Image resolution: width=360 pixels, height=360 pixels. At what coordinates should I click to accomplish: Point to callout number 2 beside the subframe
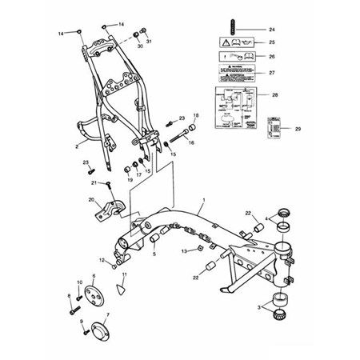click(76, 146)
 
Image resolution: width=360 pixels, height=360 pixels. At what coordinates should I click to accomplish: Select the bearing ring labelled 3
click(282, 302)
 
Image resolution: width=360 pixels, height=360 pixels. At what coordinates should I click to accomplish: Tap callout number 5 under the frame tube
click(154, 254)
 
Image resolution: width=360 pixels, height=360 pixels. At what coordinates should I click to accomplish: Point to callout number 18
click(196, 117)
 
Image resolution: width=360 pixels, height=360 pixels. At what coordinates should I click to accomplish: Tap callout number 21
click(93, 182)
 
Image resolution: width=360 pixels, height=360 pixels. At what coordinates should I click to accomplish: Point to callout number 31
click(149, 41)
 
